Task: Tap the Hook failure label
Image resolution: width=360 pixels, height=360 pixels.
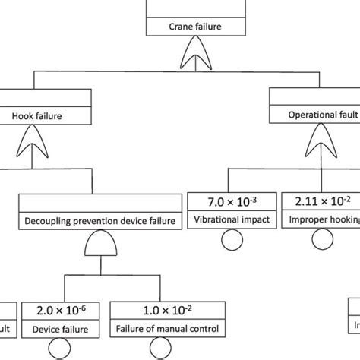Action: click(37, 116)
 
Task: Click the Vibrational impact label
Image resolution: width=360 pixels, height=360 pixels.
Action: click(232, 222)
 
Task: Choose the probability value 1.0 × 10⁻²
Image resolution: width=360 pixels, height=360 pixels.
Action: click(168, 311)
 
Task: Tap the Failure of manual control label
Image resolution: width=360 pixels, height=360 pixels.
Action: click(168, 330)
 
